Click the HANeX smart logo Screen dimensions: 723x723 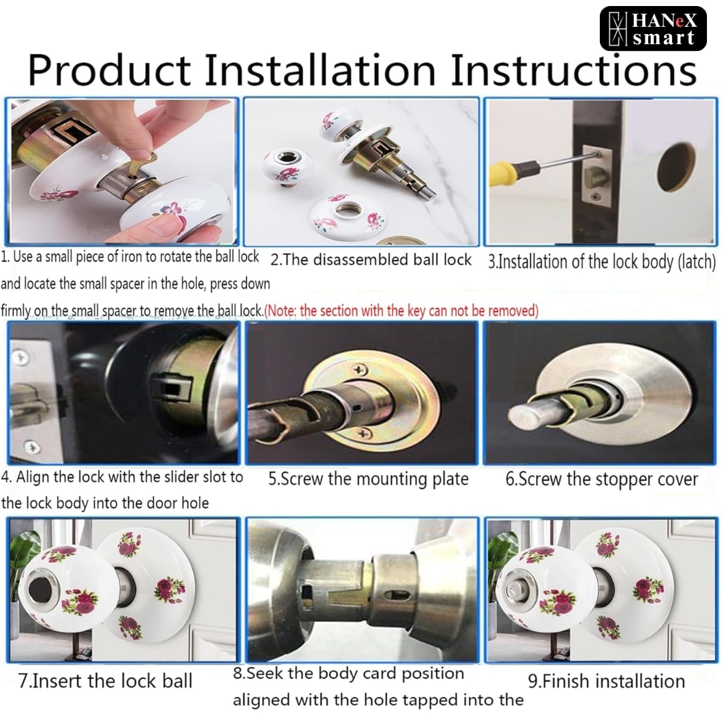pos(653,29)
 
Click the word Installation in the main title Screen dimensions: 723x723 pos(320,70)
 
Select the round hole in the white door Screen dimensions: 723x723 pos(676,167)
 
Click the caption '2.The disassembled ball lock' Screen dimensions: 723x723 pos(371,260)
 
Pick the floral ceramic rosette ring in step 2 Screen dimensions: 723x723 pos(348,218)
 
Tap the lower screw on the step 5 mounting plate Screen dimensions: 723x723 pos(364,432)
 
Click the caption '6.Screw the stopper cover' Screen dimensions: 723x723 pos(602,479)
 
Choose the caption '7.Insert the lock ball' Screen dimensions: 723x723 pos(105,681)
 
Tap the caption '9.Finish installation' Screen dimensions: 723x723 pos(607,681)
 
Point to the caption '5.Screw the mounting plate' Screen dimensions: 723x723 pos(368,479)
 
